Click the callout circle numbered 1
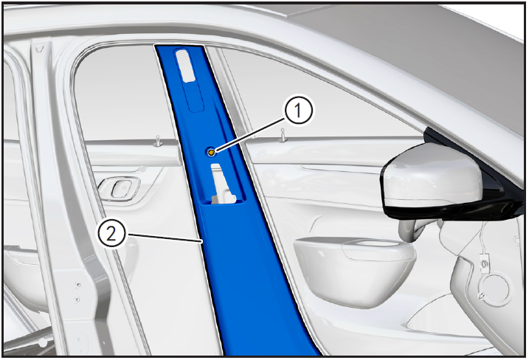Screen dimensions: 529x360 pyautogui.click(x=299, y=110)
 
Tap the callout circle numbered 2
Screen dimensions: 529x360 pyautogui.click(x=111, y=233)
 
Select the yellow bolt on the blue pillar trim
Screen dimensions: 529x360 pyautogui.click(x=211, y=153)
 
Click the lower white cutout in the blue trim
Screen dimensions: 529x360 pyautogui.click(x=223, y=184)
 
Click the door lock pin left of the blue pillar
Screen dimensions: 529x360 pyautogui.click(x=158, y=141)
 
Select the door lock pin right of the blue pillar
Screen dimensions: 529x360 pyautogui.click(x=283, y=135)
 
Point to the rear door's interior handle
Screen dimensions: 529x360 pyautogui.click(x=119, y=188)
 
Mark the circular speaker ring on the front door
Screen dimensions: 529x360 pyautogui.click(x=496, y=290)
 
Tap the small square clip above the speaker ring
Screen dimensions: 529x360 pyautogui.click(x=485, y=262)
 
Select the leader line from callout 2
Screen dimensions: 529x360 pyautogui.click(x=164, y=238)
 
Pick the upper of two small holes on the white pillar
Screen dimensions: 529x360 pyautogui.click(x=79, y=285)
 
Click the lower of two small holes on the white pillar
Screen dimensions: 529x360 pyautogui.click(x=77, y=300)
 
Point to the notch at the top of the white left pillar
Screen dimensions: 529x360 pyautogui.click(x=40, y=49)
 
